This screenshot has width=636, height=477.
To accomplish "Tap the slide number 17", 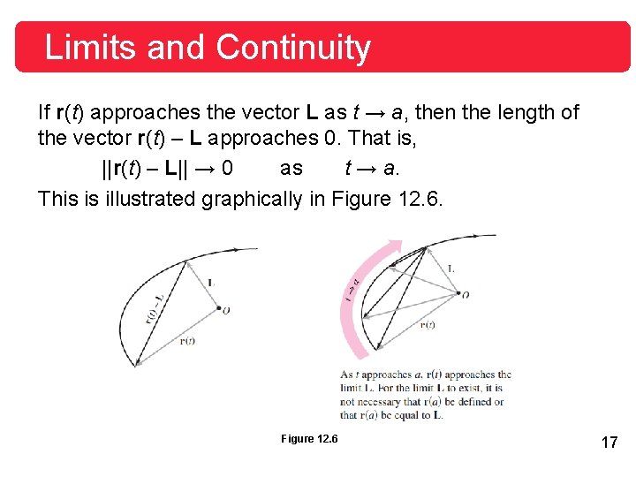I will tap(609, 442).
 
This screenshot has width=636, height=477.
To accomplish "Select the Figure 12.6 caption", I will tap(309, 439).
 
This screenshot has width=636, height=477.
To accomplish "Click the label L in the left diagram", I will tap(212, 283).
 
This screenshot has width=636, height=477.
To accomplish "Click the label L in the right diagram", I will tap(451, 269).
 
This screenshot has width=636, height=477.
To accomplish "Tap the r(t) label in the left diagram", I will tap(186, 341).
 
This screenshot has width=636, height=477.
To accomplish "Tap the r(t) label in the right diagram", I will tap(427, 324).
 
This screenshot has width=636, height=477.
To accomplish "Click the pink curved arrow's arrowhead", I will tap(396, 245).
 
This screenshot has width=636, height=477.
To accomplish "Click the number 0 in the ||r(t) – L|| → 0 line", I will tap(228, 169).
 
